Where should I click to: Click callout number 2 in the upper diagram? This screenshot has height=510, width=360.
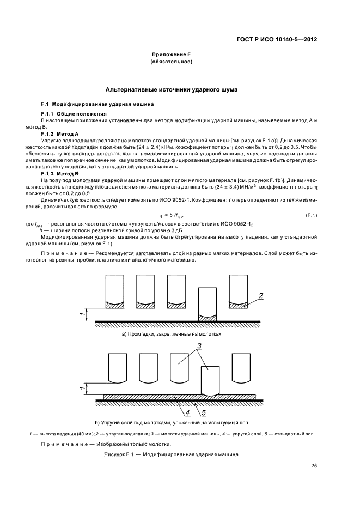pyautogui.click(x=261, y=295)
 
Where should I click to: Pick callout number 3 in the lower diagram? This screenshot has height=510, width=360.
pyautogui.click(x=199, y=346)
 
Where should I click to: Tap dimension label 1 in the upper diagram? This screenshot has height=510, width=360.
pyautogui.click(x=82, y=314)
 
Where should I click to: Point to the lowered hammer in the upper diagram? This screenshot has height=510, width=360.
pyautogui.click(x=208, y=303)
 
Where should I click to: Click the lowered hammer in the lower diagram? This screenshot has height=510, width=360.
pyautogui.click(x=210, y=380)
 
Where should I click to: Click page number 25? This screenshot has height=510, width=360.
pyautogui.click(x=314, y=466)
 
